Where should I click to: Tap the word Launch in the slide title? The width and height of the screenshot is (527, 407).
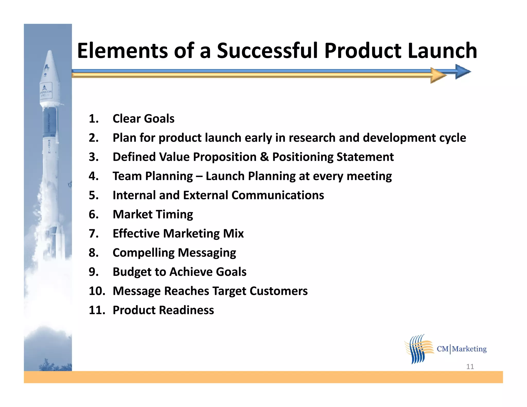(x=442, y=51)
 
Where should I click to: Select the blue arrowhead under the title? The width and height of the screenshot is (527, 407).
(x=462, y=72)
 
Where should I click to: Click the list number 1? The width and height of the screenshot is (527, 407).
(x=93, y=119)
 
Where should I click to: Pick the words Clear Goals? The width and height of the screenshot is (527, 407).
(x=143, y=119)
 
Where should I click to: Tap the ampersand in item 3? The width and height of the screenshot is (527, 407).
(x=265, y=157)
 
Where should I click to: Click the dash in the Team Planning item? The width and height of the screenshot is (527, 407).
(x=199, y=176)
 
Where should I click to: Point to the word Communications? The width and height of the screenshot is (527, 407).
(x=278, y=195)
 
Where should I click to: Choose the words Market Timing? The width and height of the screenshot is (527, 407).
(x=153, y=215)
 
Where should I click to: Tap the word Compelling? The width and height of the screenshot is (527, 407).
(x=144, y=253)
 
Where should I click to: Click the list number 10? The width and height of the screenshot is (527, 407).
(x=97, y=291)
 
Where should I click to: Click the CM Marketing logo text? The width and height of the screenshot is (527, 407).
(x=462, y=349)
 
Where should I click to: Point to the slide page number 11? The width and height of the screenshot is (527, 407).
(x=470, y=367)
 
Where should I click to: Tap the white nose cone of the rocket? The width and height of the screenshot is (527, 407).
(x=50, y=67)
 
